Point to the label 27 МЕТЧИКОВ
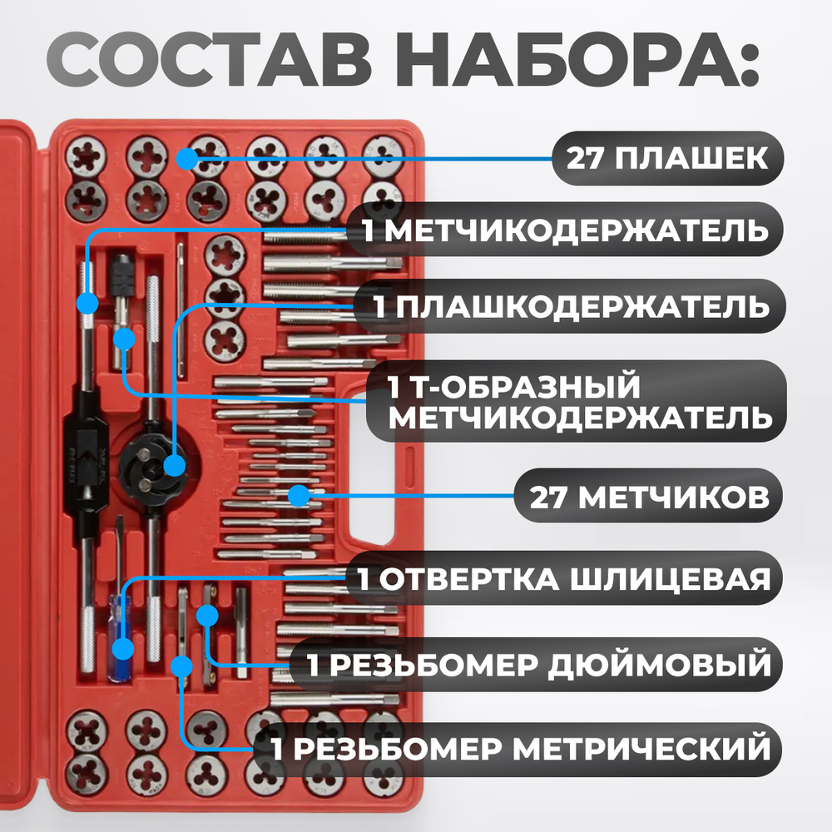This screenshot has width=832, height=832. point(648,497)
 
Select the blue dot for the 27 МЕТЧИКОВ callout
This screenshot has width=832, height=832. point(298,497)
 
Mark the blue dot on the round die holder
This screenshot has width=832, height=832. point(174,465)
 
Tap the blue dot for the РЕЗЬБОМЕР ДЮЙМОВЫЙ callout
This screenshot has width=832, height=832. point(206,616)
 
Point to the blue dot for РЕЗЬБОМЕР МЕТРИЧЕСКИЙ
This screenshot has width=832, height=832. point(181,665)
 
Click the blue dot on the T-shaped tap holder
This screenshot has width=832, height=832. point(124,339)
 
